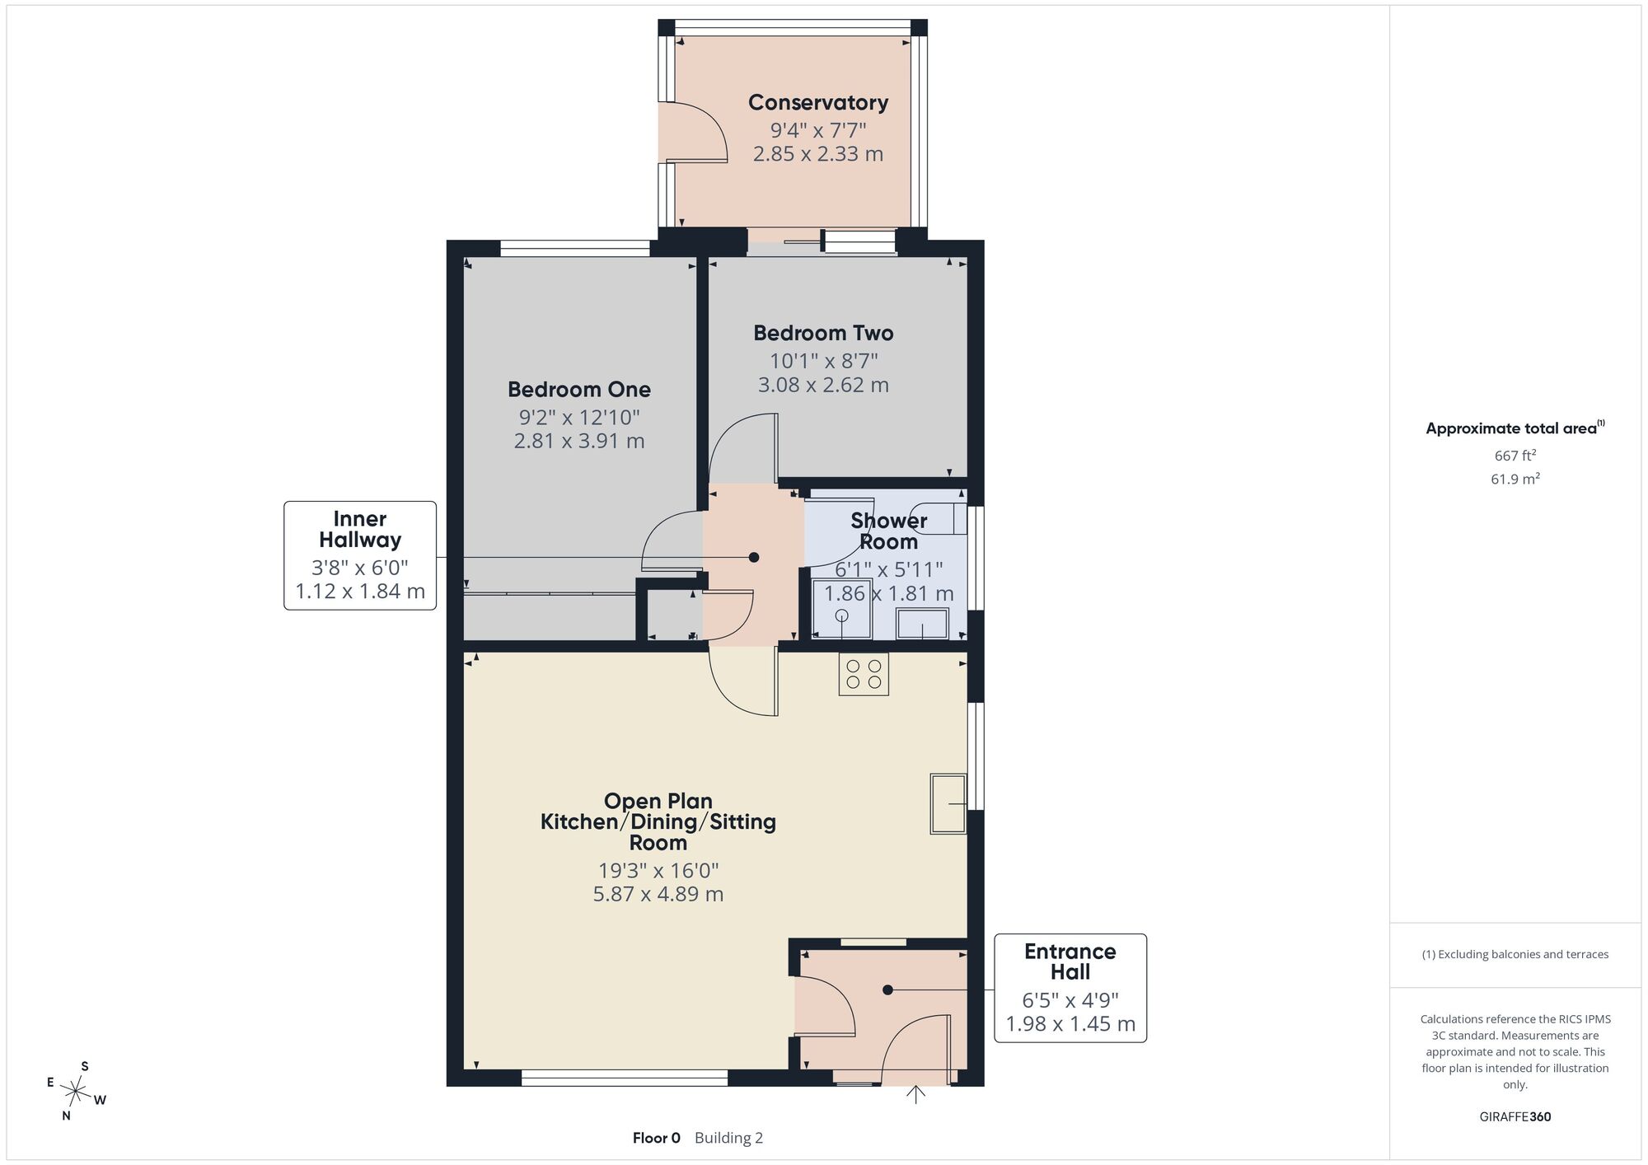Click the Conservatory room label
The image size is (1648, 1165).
pos(818,102)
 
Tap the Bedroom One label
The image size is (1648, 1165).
pos(579,389)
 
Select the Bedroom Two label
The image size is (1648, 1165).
pos(823,333)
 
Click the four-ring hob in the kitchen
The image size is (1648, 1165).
pos(864,674)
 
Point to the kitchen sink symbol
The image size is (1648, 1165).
pos(948,803)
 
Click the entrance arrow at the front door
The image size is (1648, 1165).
pos(915,1093)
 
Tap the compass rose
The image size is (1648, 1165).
pos(76,1092)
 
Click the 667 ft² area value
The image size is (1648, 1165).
pos(1515,455)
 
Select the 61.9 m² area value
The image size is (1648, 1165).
pos(1515,479)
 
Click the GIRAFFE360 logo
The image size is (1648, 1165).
pos(1515,1117)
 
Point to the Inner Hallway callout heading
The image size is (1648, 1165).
pos(360,529)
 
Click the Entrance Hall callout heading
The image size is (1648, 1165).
pos(1070,961)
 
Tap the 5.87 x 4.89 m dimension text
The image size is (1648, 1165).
pos(658,894)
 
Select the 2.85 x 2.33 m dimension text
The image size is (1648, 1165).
pos(818,154)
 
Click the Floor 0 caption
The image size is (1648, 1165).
pos(657,1138)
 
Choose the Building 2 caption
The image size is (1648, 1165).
pos(728,1138)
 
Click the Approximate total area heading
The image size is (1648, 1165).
pos(1515,428)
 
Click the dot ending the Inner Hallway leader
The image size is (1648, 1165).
pos(753,558)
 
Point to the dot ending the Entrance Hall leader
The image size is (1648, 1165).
pos(887,990)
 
